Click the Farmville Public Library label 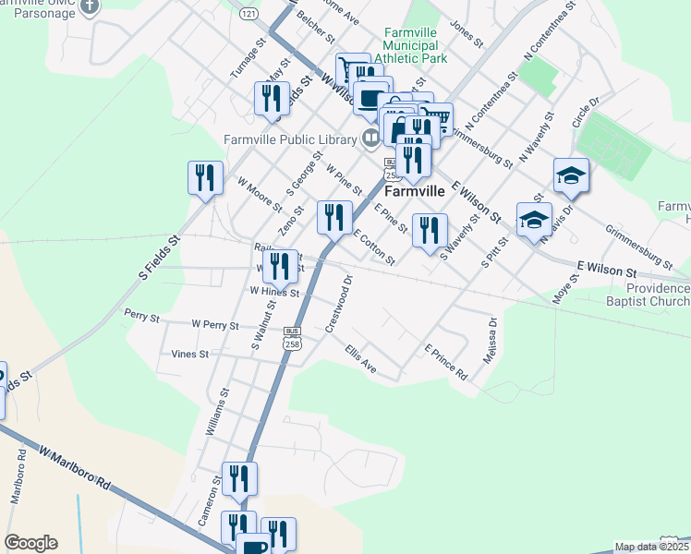[x=289, y=140]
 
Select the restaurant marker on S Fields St [x=205, y=178]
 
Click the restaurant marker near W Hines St [x=280, y=266]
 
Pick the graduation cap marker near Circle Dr [x=571, y=175]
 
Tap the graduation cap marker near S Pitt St [x=533, y=222]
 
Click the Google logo [x=30, y=543]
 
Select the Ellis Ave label [x=360, y=359]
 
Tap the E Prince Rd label [x=445, y=363]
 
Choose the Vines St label [x=189, y=354]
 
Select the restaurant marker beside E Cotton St [x=334, y=217]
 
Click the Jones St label [x=467, y=32]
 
